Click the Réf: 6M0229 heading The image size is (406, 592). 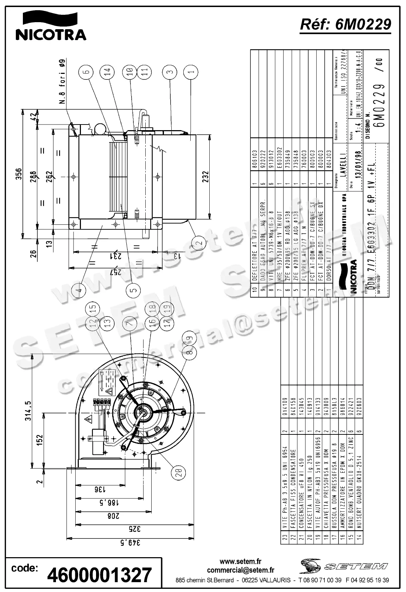pos(345,25)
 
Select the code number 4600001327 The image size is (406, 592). pos(99,575)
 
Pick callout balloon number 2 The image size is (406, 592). pos(199,242)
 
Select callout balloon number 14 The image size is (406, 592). pos(107,72)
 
